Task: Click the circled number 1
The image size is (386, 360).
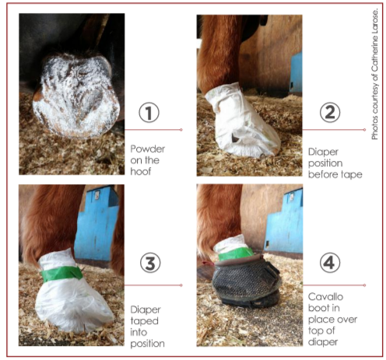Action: point(149,113)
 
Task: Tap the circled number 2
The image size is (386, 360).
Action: point(330,112)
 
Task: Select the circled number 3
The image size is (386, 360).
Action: point(150,263)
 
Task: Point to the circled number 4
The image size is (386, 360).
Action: point(330,263)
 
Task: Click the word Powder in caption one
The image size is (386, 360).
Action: point(148,149)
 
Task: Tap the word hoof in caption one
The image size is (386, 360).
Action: point(141,171)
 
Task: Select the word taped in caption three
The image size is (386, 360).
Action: point(144,321)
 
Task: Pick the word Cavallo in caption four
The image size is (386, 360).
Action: point(325,296)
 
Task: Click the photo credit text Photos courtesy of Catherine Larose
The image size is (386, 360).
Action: point(374,75)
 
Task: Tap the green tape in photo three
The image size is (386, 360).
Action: point(61,273)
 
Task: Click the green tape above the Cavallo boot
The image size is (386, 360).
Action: point(236,253)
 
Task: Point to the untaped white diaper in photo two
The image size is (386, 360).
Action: point(242,121)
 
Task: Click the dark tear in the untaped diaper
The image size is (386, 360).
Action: point(235,138)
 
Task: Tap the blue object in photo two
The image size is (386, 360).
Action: point(296,74)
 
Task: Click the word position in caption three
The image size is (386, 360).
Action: point(147,344)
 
